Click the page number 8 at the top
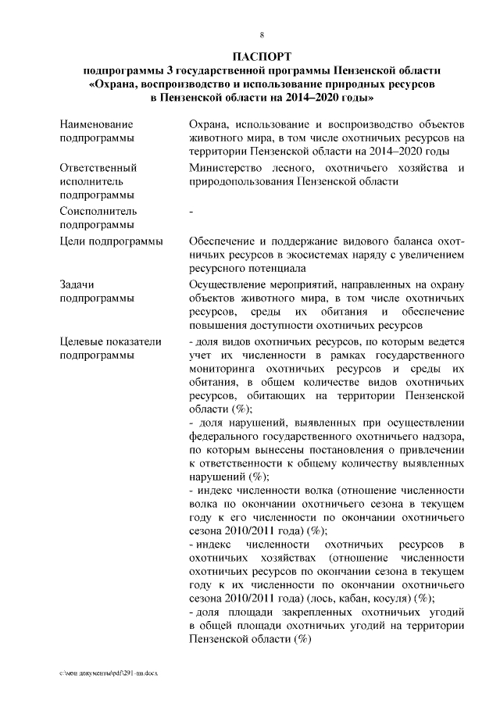262,34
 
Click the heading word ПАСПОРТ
262,56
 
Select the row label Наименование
96,124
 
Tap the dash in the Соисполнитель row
191,212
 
